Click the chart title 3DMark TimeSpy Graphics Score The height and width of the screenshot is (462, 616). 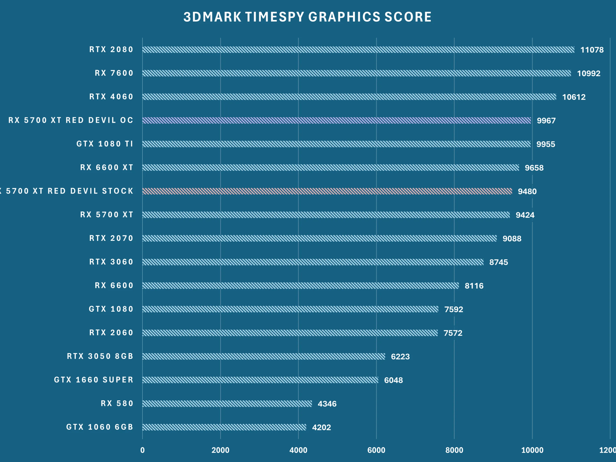pos(307,17)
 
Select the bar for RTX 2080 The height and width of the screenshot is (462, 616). pos(358,50)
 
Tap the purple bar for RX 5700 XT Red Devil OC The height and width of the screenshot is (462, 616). pos(336,120)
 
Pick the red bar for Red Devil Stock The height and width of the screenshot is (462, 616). pos(327,191)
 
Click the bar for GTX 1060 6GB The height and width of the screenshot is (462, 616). pos(224,427)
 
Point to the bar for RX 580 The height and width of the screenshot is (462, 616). pos(227,404)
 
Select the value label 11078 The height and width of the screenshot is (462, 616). pos(592,50)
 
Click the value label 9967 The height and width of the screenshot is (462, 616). pos(546,121)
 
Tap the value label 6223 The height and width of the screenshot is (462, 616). pos(400,357)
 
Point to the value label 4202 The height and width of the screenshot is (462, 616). pos(321,427)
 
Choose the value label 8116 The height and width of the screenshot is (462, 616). pos(474,286)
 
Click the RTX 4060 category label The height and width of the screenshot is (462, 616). pos(111,97)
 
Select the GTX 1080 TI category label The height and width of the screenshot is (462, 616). pos(105,144)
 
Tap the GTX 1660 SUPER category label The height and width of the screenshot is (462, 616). pos(94,380)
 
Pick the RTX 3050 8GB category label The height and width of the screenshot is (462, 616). pos(100,356)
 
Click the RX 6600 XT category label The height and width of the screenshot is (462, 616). pos(106,168)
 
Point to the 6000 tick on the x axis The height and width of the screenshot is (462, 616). pos(376,450)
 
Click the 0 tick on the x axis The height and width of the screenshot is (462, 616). pos(142,450)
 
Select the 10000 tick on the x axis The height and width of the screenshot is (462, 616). pos(532,450)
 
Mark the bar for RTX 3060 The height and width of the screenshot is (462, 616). pos(313,262)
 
